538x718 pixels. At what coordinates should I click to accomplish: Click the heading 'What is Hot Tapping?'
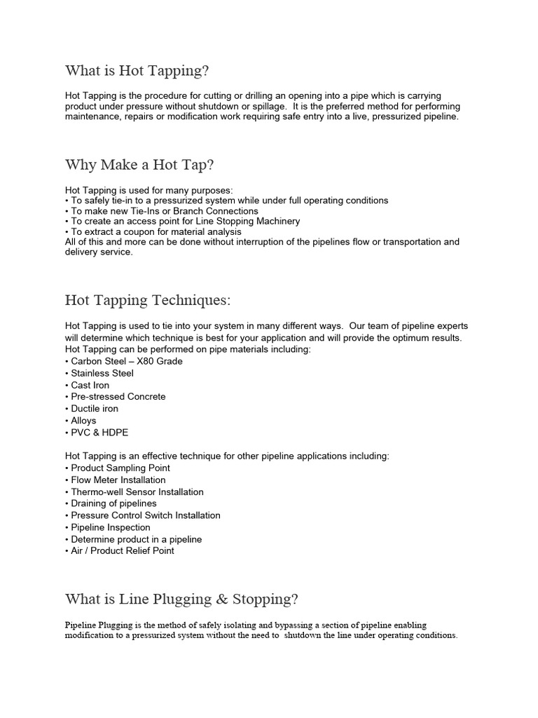tap(137, 71)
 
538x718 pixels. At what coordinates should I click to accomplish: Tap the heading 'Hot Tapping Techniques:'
tap(147, 300)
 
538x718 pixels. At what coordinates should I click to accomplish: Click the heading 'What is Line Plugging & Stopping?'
tap(181, 599)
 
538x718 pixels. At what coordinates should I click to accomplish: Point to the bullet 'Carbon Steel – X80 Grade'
tap(124, 361)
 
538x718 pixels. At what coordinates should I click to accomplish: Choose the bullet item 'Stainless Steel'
tap(99, 373)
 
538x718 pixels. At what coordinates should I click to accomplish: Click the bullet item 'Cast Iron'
tap(88, 385)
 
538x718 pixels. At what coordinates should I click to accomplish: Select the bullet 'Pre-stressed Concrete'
tap(116, 397)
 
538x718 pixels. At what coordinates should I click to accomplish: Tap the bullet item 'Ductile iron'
tap(92, 409)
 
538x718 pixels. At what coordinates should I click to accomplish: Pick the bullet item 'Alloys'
tap(81, 421)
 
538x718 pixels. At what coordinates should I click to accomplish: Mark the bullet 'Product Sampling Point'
tap(118, 468)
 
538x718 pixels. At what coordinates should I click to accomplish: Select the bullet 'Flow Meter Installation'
tap(116, 480)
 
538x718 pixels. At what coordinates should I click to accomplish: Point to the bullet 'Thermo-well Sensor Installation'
tap(134, 492)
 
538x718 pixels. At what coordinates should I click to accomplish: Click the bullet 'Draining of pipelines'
tap(111, 503)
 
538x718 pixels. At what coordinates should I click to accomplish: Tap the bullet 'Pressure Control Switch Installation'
tap(143, 515)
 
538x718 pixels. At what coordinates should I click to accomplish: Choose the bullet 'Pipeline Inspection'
tap(108, 527)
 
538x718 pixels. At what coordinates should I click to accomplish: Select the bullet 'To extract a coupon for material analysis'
tap(153, 231)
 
